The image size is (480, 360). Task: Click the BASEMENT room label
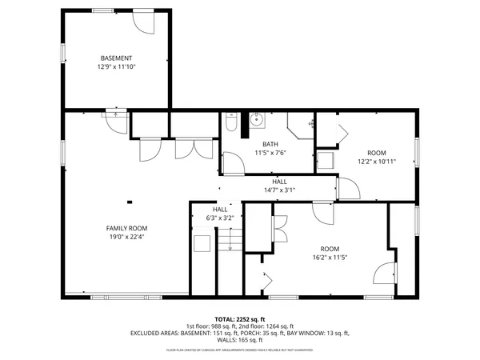pyautogui.click(x=116, y=58)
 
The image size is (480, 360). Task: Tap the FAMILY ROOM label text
pyautogui.click(x=127, y=228)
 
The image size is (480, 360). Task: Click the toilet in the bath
pyautogui.click(x=230, y=124)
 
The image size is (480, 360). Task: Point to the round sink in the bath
pyautogui.click(x=258, y=121)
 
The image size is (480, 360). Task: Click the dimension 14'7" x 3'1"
pyautogui.click(x=280, y=190)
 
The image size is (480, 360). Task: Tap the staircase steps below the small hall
pyautogui.click(x=230, y=240)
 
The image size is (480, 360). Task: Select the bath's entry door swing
pyautogui.click(x=231, y=163)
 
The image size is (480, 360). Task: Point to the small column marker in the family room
pyautogui.click(x=127, y=201)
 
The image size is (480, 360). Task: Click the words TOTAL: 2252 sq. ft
pyautogui.click(x=240, y=318)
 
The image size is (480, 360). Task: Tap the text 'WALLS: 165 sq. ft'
pyautogui.click(x=240, y=339)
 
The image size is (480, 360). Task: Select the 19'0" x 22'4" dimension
pyautogui.click(x=127, y=237)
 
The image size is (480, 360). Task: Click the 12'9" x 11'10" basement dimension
pyautogui.click(x=116, y=67)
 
